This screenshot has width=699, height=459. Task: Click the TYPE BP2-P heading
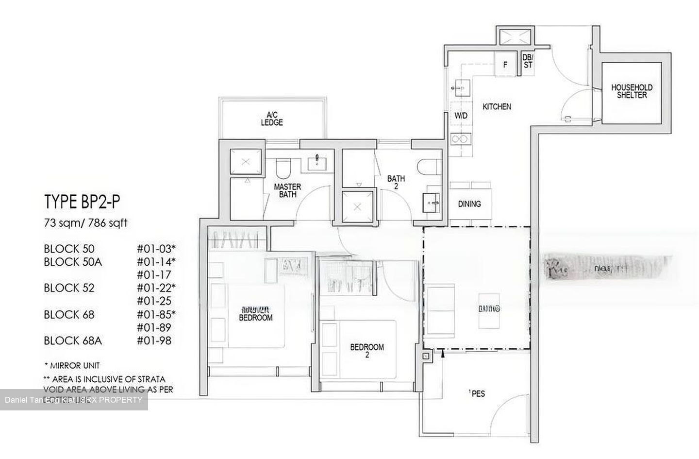pos(82,202)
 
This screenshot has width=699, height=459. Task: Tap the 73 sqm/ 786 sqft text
pos(85,223)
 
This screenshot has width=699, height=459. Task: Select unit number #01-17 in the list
pos(154,274)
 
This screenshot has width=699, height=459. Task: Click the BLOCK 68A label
pos(72,340)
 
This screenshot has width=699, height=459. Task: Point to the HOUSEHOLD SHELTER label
pos(632,91)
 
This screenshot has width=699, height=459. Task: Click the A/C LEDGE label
pos(271,119)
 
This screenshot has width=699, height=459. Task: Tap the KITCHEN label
pos(497,106)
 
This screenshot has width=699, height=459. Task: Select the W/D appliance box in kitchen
pos(461,116)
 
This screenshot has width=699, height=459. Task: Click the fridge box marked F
pos(505,64)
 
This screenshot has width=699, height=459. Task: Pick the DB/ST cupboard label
pos(528,61)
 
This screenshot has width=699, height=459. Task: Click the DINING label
pos(469,204)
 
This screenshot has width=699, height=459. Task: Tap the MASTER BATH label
pos(287,190)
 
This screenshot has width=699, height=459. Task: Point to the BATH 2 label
pos(396,182)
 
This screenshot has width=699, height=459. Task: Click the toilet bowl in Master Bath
pos(282,168)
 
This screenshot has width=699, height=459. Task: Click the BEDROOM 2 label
pos(367,351)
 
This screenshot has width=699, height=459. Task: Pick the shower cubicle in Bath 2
pos(358,206)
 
